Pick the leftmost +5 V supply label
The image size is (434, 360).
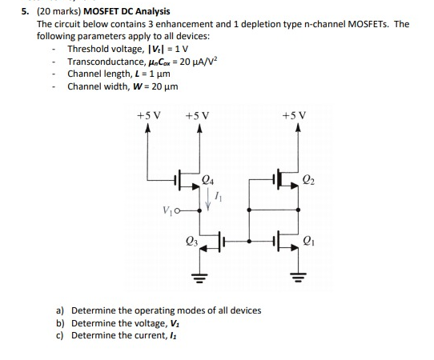coord(149,116)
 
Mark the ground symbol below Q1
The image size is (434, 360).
coord(297,279)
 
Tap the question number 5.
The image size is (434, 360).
coord(22,11)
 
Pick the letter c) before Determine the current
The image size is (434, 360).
coord(60,335)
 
